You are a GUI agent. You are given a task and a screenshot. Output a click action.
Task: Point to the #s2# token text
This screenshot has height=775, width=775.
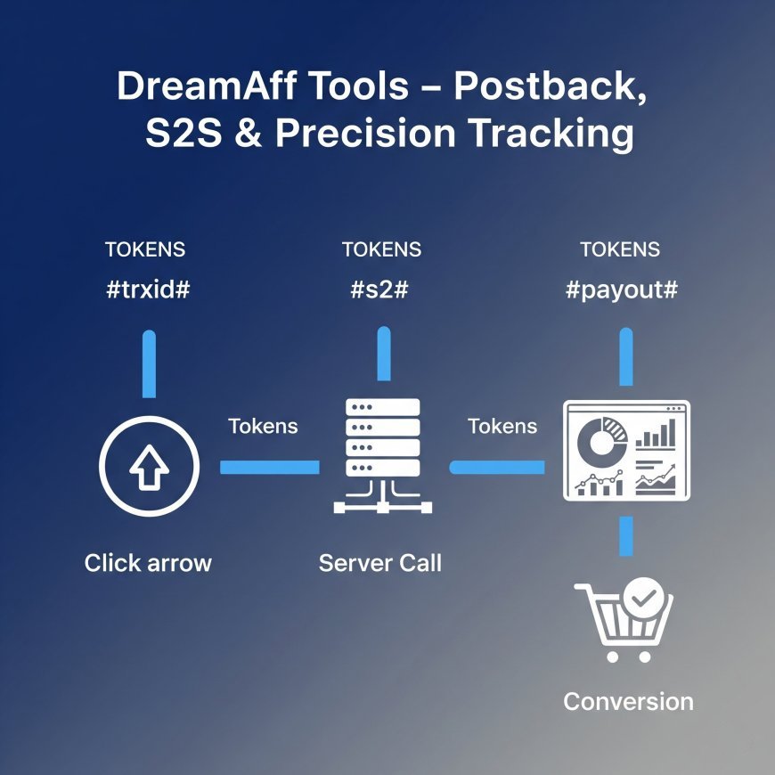[381, 290]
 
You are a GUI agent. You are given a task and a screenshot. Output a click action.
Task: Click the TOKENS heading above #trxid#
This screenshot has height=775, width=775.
[145, 250]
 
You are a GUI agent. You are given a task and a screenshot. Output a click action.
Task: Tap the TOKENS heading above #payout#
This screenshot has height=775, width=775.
[620, 250]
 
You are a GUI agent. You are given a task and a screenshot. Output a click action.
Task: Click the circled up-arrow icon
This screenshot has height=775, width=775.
[149, 467]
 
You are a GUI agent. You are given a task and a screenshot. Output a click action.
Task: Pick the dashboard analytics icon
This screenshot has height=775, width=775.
[626, 450]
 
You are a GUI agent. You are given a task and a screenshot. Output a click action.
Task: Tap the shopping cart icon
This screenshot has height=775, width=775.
[622, 621]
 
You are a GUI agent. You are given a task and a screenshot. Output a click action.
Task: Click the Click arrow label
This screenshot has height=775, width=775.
[148, 563]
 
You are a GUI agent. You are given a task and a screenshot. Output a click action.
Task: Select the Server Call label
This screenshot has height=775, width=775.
[380, 563]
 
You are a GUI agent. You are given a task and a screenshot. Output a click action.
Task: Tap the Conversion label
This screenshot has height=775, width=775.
[628, 701]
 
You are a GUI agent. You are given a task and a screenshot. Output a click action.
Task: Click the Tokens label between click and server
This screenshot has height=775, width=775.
[263, 427]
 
